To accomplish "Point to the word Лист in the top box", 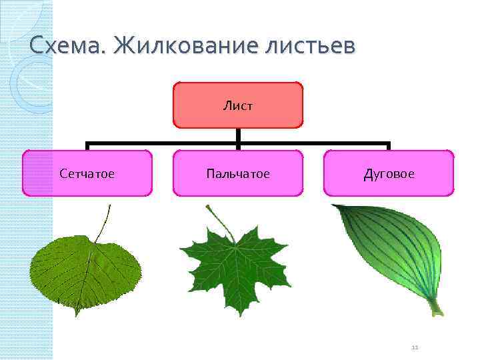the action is tap(238, 105).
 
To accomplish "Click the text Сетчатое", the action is tap(87, 174).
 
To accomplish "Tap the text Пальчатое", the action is tap(238, 174).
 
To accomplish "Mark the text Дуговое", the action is tap(389, 174).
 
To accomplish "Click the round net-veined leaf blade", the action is tap(85, 270).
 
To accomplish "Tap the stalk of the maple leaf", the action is tap(219, 220).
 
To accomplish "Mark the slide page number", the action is tap(414, 347).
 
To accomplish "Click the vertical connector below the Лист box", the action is tap(238, 135).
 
